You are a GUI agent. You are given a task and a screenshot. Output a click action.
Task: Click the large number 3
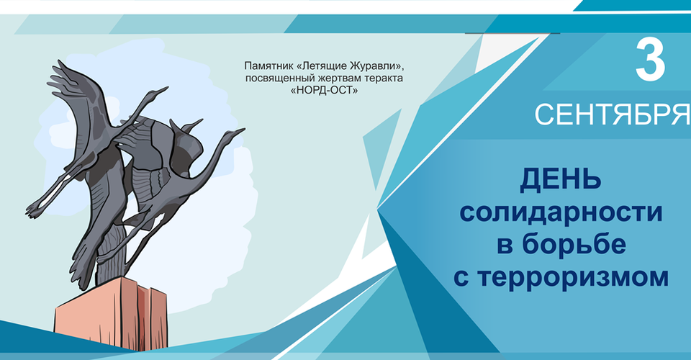tap(650, 60)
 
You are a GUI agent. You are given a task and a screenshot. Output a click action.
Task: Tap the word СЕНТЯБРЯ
tap(613, 114)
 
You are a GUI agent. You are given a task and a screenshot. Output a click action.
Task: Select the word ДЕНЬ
tap(561, 180)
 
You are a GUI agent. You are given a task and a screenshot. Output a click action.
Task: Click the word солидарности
tap(561, 212)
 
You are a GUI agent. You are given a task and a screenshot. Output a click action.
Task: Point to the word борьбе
tap(575, 243)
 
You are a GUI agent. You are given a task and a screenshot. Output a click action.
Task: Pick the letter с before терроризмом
tap(463, 279)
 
